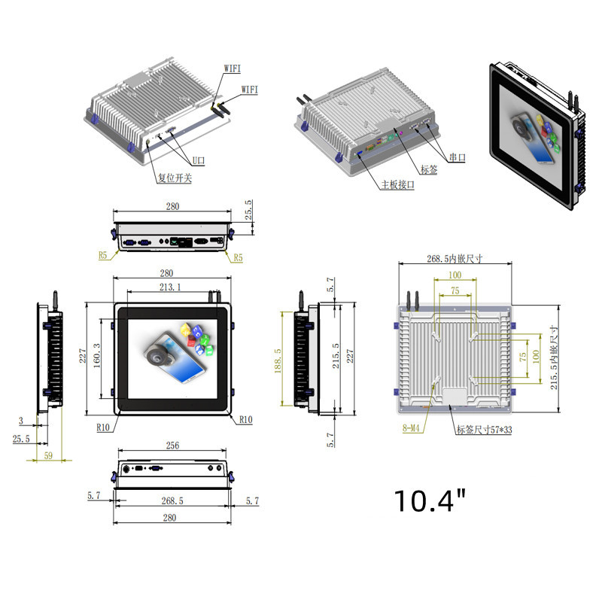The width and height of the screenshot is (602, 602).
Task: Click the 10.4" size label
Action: [430, 500]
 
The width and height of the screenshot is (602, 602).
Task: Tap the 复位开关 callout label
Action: [175, 178]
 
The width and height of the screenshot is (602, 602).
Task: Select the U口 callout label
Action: [199, 160]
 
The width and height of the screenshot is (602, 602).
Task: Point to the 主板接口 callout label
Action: [398, 184]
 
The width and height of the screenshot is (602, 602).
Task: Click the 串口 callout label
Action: [458, 157]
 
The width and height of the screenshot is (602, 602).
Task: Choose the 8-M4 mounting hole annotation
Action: [411, 427]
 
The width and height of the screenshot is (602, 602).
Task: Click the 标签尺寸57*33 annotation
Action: [484, 430]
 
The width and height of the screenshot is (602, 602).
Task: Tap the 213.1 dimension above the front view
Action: [170, 287]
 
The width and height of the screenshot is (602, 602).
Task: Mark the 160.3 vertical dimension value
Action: [97, 355]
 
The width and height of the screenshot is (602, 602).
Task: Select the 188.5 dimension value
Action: [278, 361]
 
